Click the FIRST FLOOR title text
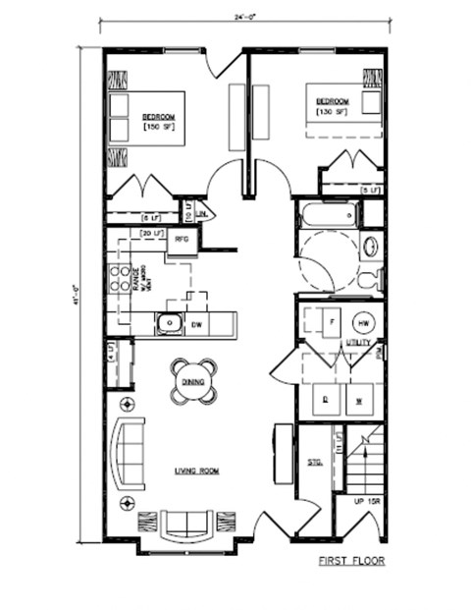[x=351, y=561]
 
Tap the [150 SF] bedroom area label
[x=156, y=127]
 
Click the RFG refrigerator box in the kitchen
[x=182, y=239]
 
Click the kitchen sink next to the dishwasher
[x=169, y=321]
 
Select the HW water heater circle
[x=362, y=322]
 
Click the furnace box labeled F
[x=330, y=321]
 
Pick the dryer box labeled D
[x=325, y=400]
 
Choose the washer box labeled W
[x=359, y=400]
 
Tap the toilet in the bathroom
[x=370, y=279]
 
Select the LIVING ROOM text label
[x=196, y=471]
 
